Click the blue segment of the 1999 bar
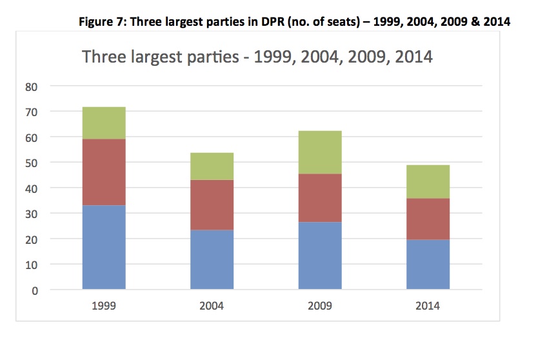click(x=104, y=247)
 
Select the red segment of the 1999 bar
click(x=104, y=172)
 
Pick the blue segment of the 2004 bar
click(x=212, y=259)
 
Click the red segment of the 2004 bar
click(x=212, y=205)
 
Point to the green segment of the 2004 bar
click(x=212, y=166)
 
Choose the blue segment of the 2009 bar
click(x=320, y=255)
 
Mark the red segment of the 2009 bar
click(x=320, y=198)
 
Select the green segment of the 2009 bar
click(x=320, y=152)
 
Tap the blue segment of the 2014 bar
click(x=428, y=265)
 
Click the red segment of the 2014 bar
click(x=428, y=219)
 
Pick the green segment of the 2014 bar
click(x=428, y=181)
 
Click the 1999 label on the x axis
click(x=104, y=306)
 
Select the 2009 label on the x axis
click(x=320, y=306)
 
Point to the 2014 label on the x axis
click(x=428, y=306)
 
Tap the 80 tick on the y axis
click(x=57, y=86)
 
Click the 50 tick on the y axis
click(x=57, y=163)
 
